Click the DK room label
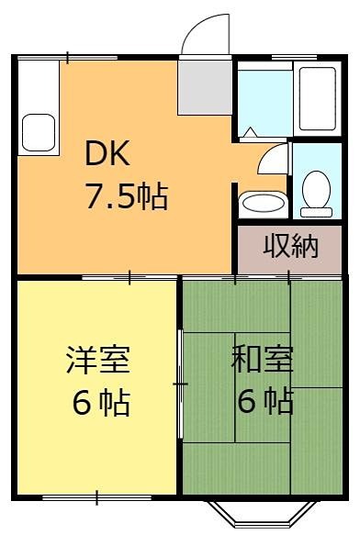tap(107, 154)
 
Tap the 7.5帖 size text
tap(127, 195)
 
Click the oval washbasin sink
tap(262, 202)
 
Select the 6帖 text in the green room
tap(262, 402)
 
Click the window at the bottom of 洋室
tap(96, 498)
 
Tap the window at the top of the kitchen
tap(69, 58)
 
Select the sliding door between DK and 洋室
tap(129, 275)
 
